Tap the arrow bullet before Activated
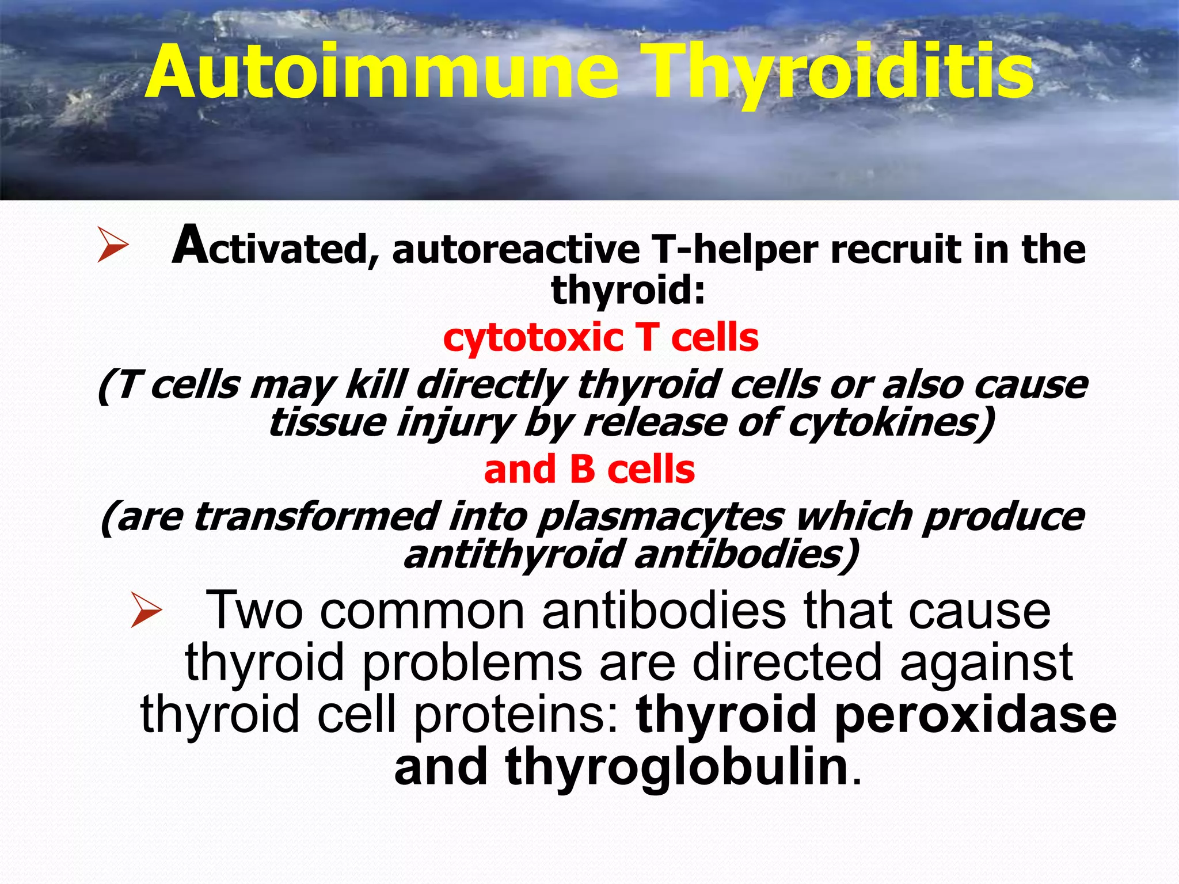112,245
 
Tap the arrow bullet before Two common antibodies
146,611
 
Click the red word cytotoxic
533,338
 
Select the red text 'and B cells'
589,470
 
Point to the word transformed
317,516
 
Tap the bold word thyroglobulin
677,768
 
